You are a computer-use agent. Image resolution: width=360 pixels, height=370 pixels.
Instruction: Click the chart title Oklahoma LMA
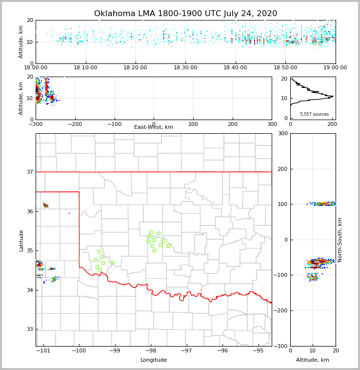[x=185, y=14]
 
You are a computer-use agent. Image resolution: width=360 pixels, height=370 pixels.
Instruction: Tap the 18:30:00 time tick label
[x=185, y=68]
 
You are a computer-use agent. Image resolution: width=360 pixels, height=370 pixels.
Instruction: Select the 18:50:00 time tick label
[x=285, y=68]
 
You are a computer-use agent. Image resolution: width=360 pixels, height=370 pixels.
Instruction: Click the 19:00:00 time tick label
[x=336, y=68]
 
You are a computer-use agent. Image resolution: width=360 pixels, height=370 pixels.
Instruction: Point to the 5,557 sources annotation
[x=314, y=114]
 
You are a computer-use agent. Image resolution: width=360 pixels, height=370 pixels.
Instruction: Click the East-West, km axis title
[x=154, y=127]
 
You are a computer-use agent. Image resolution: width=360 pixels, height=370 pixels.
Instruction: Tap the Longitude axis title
[x=154, y=360]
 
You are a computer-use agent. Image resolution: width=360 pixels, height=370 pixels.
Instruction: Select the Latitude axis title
[x=21, y=240]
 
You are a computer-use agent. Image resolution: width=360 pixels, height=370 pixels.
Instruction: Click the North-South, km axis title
[x=340, y=240]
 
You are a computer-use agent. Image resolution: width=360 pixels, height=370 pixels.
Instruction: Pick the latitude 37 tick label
[x=30, y=172]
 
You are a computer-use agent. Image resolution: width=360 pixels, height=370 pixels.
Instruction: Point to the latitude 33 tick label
[x=30, y=329]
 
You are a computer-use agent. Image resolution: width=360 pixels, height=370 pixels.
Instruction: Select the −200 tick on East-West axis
[x=75, y=124]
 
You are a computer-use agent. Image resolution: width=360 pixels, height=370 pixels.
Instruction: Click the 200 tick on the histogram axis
[x=332, y=124]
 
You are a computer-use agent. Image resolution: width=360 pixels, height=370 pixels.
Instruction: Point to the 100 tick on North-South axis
[x=283, y=204]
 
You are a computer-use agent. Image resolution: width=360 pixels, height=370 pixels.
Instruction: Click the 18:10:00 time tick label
[x=86, y=68]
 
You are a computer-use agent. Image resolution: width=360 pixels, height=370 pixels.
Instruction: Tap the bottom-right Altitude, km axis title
[x=313, y=360]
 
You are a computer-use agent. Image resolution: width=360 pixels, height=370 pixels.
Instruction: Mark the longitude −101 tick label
[x=43, y=351]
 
